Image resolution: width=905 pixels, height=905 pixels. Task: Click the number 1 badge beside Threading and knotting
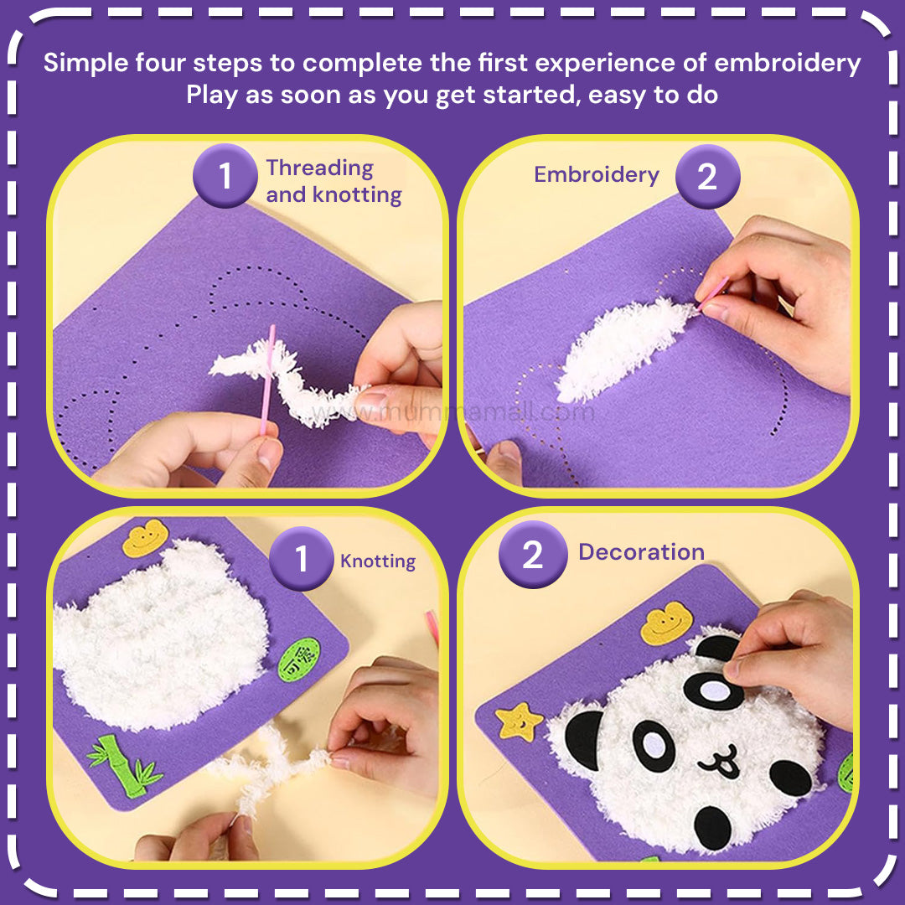(x=225, y=177)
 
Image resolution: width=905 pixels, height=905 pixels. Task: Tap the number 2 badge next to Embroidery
(x=707, y=177)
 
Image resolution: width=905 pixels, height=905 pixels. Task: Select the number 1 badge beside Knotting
(x=302, y=559)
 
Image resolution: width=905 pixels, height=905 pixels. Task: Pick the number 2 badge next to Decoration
(x=533, y=555)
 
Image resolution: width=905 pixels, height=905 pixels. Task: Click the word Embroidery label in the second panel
(x=597, y=175)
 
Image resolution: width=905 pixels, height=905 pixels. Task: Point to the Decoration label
(x=641, y=552)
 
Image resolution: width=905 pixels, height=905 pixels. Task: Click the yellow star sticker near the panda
(x=519, y=721)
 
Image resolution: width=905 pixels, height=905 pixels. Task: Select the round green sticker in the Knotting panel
(x=299, y=659)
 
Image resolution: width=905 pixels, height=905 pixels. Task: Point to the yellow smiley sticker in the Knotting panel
(x=146, y=538)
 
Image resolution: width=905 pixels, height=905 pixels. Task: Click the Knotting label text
(x=378, y=561)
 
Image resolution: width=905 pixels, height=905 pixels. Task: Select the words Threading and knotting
(x=334, y=181)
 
